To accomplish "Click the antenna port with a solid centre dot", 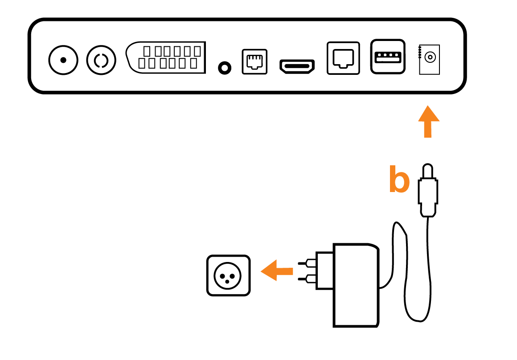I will pyautogui.click(x=63, y=60).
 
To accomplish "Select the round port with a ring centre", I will pyautogui.click(x=101, y=60).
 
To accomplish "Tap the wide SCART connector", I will pyautogui.click(x=166, y=57).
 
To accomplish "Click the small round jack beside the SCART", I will pyautogui.click(x=225, y=68).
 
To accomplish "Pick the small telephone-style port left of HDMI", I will pyautogui.click(x=254, y=61).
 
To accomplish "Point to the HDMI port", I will pyautogui.click(x=297, y=66).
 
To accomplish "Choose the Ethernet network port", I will pyautogui.click(x=343, y=58).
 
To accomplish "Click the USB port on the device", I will pyautogui.click(x=388, y=57).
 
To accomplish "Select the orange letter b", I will pyautogui.click(x=399, y=180).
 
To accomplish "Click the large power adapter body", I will pyautogui.click(x=356, y=285).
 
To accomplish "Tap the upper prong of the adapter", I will pyautogui.click(x=307, y=264).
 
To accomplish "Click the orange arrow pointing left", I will pyautogui.click(x=276, y=270).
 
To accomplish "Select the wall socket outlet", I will pyautogui.click(x=229, y=275).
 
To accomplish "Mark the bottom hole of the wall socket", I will pyautogui.click(x=229, y=282).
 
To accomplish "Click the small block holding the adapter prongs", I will pyautogui.click(x=325, y=270).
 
